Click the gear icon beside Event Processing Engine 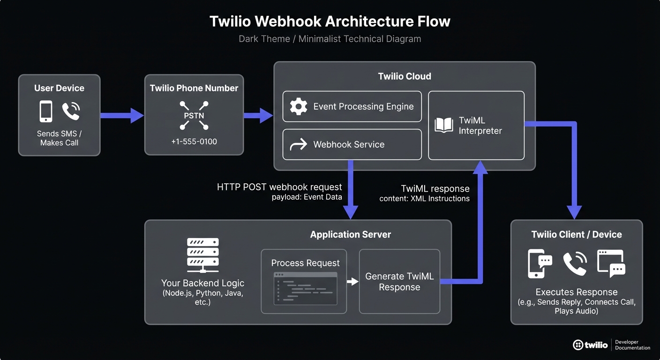click(299, 106)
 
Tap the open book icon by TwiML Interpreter click(444, 125)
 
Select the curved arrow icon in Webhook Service click(299, 144)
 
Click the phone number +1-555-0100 click(194, 141)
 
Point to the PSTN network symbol click(194, 115)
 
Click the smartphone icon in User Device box click(46, 112)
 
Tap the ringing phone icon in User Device click(71, 112)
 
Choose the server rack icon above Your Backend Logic click(202, 255)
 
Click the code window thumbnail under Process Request click(305, 288)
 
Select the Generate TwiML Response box click(399, 281)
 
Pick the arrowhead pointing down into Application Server click(351, 212)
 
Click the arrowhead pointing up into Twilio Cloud click(480, 167)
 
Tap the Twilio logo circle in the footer click(578, 345)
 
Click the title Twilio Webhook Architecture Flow click(330, 22)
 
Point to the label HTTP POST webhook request click(279, 187)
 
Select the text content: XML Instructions click(424, 199)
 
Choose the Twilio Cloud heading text click(405, 76)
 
